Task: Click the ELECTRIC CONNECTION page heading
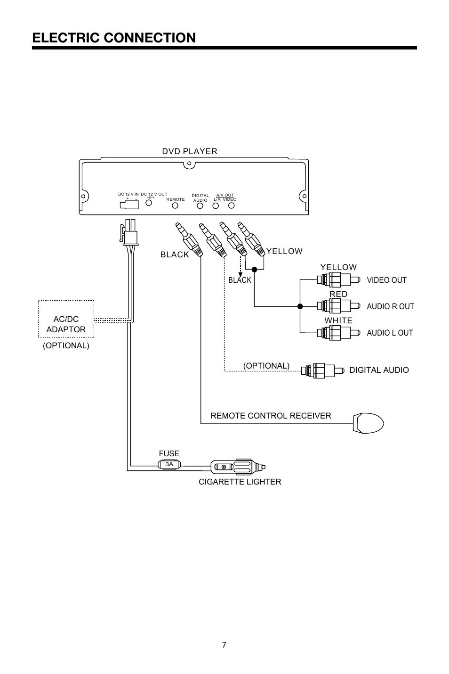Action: pos(114,38)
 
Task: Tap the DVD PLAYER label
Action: pos(190,151)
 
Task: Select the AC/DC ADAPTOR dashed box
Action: pos(66,319)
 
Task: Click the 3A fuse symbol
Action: pos(169,464)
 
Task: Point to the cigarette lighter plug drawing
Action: pos(237,467)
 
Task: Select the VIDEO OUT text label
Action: pos(386,280)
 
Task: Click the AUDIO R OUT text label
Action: pos(390,306)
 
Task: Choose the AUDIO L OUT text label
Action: pos(390,333)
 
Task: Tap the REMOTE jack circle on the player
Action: pos(175,206)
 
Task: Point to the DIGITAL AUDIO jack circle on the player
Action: pos(200,206)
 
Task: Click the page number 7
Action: pos(224,645)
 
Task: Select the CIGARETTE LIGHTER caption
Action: pos(240,482)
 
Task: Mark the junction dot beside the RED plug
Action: pos(300,306)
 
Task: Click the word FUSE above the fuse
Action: pos(169,453)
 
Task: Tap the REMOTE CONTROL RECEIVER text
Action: pos(271,416)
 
